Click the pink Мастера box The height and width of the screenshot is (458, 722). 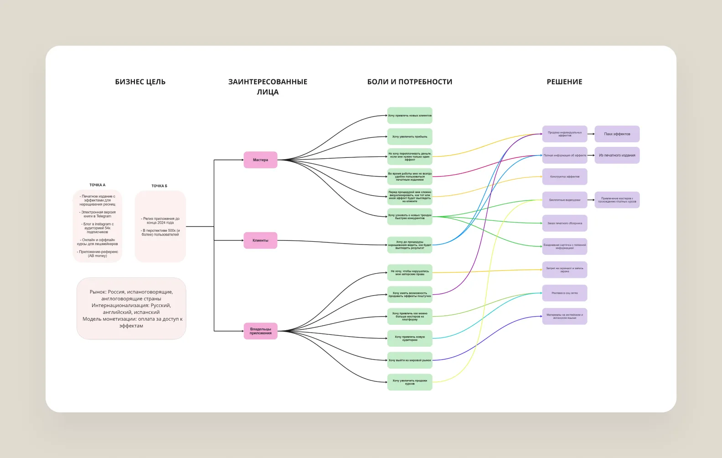[x=260, y=160]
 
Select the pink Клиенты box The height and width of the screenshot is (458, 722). [x=260, y=240]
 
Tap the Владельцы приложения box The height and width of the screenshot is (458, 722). [x=260, y=331]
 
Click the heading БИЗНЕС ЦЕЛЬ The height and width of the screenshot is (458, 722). [x=140, y=82]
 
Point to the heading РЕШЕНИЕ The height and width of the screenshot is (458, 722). [x=564, y=82]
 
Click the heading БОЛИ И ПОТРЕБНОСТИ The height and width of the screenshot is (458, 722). [x=410, y=82]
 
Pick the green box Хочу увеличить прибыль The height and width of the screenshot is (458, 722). [x=410, y=136]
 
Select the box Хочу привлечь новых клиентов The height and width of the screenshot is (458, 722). [x=410, y=115]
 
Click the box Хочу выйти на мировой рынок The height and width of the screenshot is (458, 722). [x=410, y=360]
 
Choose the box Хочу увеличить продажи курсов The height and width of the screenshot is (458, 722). [x=410, y=382]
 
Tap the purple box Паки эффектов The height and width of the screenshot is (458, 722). [x=617, y=134]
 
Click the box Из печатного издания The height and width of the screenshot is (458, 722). [x=617, y=155]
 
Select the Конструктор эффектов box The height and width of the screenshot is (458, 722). [x=564, y=177]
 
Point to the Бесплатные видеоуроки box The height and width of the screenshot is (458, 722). [x=564, y=200]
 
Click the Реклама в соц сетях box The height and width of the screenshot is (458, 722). [x=564, y=293]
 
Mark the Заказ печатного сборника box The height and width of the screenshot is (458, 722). [x=564, y=223]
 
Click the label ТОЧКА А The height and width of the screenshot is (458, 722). [x=97, y=185]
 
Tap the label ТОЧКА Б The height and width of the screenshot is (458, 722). [x=160, y=186]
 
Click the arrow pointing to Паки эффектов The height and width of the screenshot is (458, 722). [x=591, y=134]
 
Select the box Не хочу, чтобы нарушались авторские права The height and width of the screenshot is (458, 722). [x=410, y=273]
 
